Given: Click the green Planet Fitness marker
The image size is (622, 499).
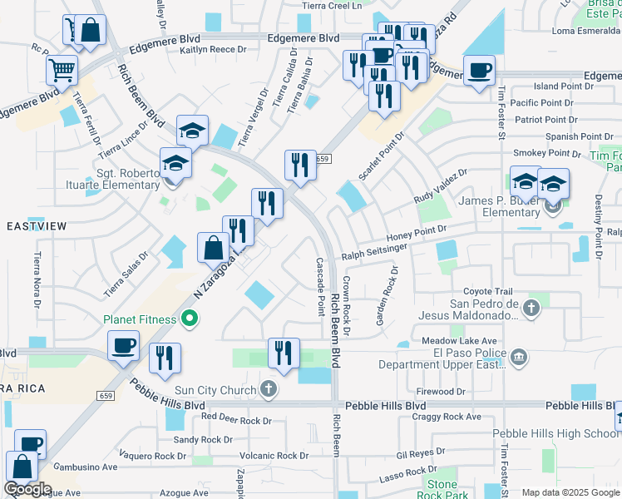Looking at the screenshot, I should [x=190, y=319].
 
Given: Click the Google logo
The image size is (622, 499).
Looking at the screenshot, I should [x=27, y=489].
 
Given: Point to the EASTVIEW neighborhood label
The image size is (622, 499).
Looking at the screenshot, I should [x=36, y=226].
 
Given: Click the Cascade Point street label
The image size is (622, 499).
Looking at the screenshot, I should [x=320, y=286].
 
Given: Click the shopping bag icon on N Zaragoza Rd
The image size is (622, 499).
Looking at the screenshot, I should [x=214, y=248].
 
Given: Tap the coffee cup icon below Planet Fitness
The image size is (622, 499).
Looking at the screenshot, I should [x=124, y=345].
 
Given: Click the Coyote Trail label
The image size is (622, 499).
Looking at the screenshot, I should [x=487, y=291].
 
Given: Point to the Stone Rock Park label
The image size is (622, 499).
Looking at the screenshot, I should [x=442, y=490].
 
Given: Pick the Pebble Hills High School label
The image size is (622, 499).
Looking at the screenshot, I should [x=555, y=433].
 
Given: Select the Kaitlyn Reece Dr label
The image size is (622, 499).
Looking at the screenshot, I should [x=215, y=51].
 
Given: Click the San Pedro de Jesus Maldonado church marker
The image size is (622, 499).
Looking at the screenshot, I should [x=532, y=309].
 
